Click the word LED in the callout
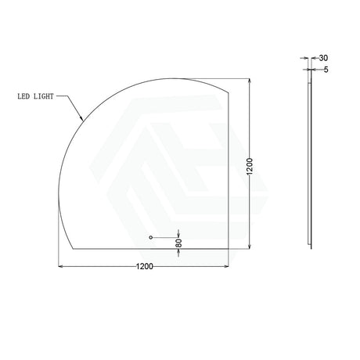click(x=23, y=96)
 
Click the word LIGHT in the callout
click(x=44, y=96)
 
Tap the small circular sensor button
click(x=150, y=237)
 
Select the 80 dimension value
click(x=178, y=243)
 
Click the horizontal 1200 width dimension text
click(x=145, y=266)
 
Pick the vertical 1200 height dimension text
click(x=250, y=167)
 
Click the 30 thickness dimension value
click(x=323, y=58)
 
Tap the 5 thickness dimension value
click(x=326, y=70)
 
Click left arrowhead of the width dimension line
click(x=60, y=266)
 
